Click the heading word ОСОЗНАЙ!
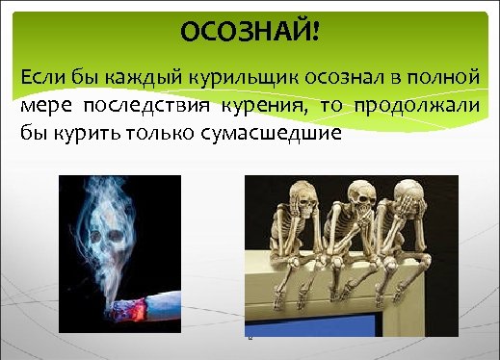point(249,33)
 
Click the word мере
point(40,106)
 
